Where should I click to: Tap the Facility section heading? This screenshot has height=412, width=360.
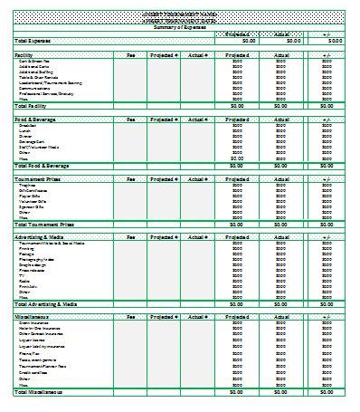(x=24, y=55)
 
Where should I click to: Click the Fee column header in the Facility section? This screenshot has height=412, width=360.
(x=130, y=55)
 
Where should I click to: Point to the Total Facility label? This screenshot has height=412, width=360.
(x=33, y=106)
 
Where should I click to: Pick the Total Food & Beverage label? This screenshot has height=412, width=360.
(x=43, y=166)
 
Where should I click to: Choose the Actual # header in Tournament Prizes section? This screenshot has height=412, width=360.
(x=199, y=178)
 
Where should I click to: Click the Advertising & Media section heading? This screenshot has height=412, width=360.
(x=41, y=236)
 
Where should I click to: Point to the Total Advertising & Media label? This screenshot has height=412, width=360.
(x=46, y=304)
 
